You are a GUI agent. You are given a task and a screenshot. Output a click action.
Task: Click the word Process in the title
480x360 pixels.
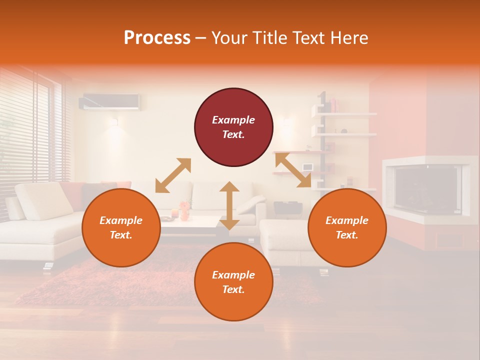[x=157, y=38]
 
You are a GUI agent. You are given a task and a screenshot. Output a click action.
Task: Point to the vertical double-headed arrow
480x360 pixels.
[x=229, y=205]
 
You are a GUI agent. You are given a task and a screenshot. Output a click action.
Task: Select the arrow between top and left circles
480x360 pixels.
[x=173, y=175]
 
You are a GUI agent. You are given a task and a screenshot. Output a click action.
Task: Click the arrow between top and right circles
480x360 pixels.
[x=293, y=170]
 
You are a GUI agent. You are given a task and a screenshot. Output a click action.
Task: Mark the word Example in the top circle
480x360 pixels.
[x=233, y=120]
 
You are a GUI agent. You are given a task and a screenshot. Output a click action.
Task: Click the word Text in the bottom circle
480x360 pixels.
[x=232, y=289]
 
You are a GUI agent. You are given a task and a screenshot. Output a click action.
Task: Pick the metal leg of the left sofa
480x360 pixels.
[x=48, y=266]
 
